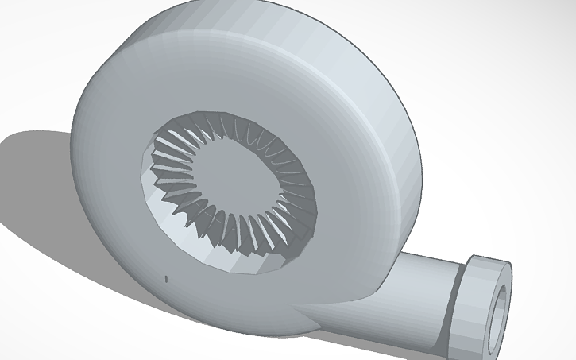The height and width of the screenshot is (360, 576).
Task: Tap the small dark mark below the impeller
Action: point(166,278)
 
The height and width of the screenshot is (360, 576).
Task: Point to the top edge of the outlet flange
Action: point(489,259)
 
